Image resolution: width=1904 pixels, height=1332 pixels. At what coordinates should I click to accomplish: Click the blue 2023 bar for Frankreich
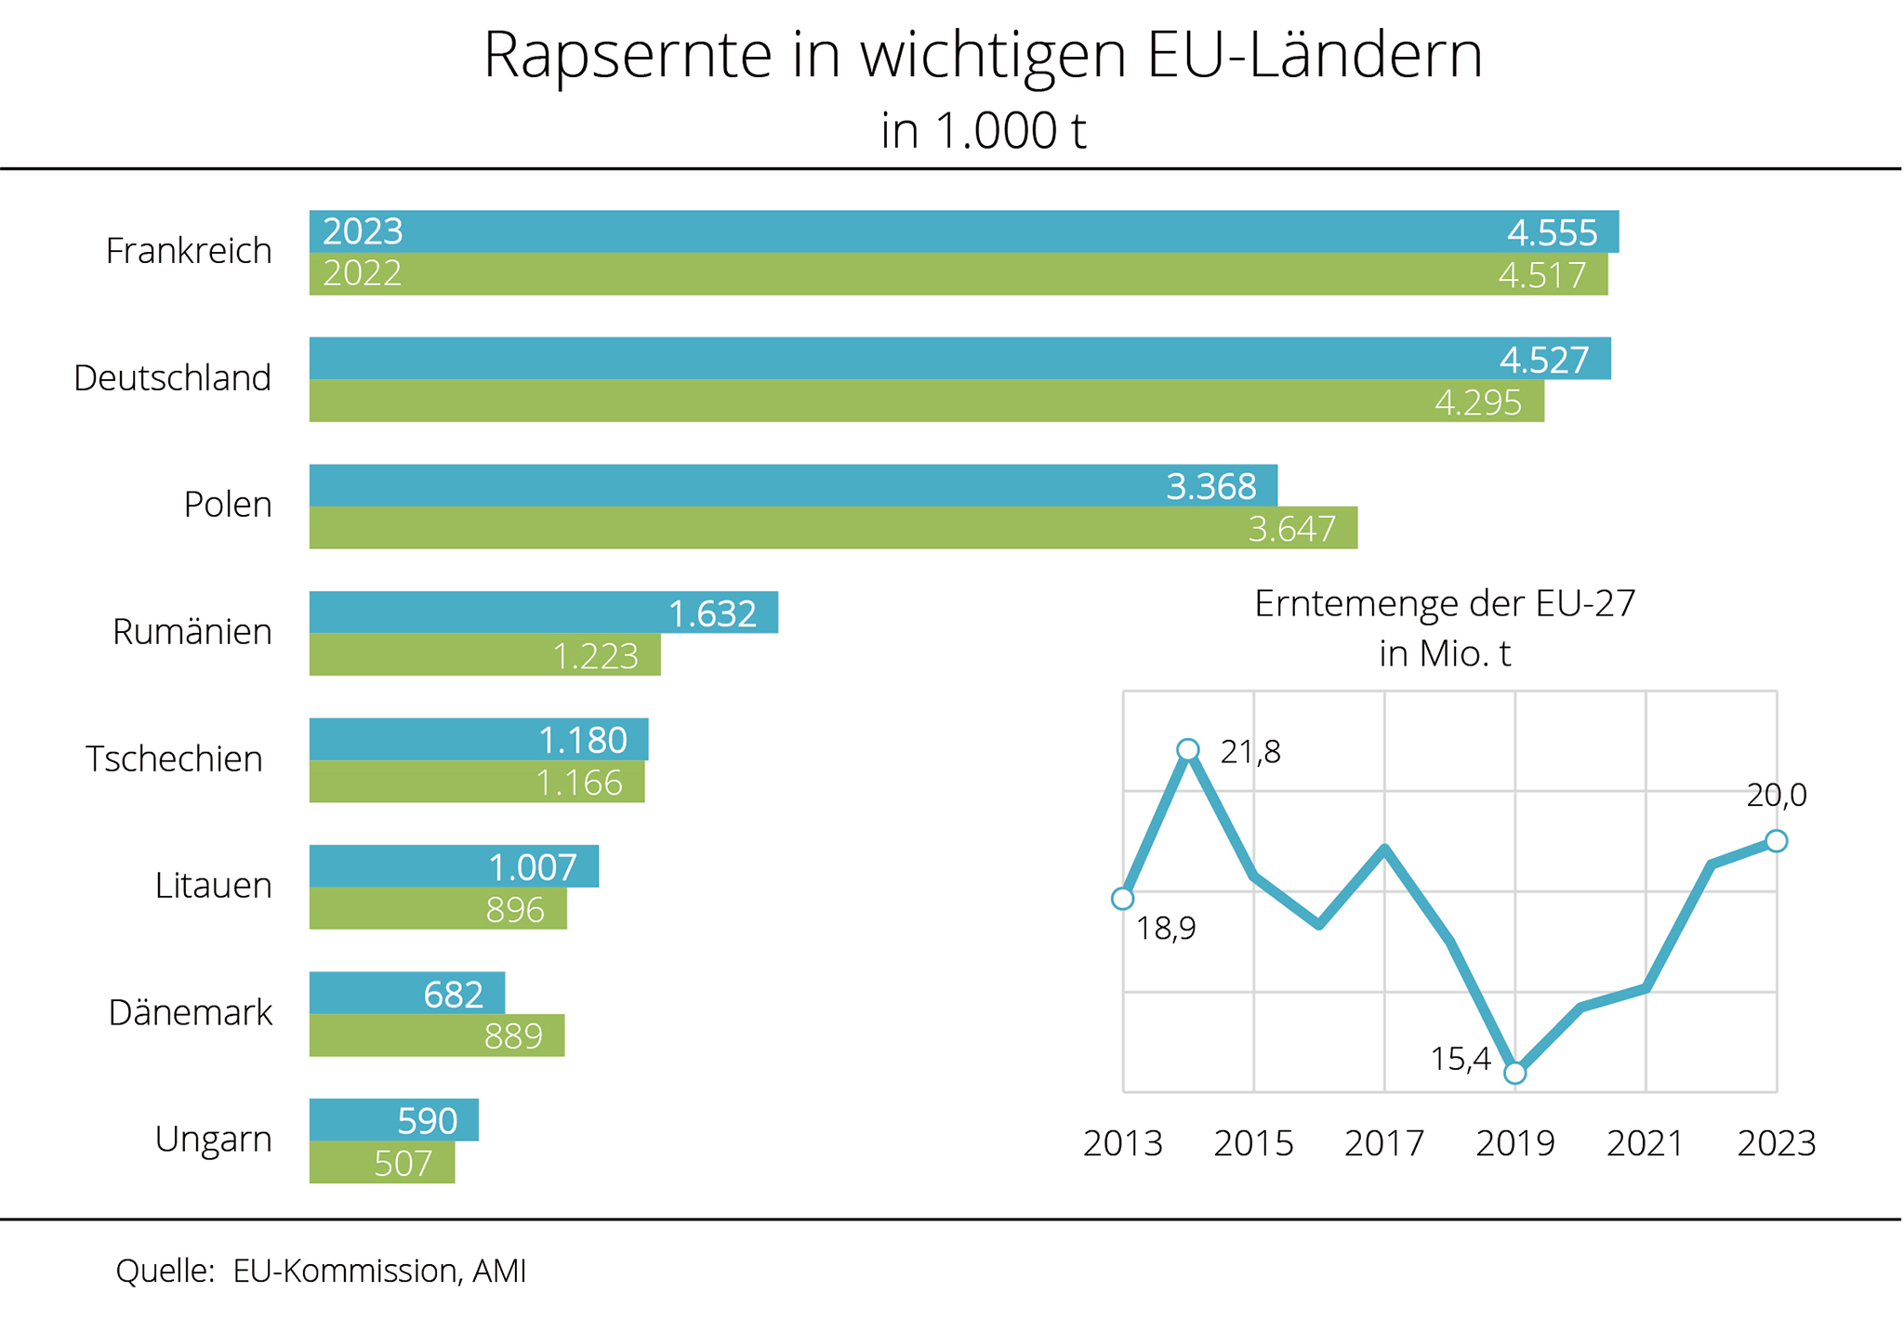[963, 231]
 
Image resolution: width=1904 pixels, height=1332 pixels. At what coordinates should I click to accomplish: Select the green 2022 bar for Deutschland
[926, 401]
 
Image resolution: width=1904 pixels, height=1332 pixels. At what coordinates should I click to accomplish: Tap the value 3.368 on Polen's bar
[1210, 486]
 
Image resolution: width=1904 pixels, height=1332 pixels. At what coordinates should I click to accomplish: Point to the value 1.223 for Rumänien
[595, 656]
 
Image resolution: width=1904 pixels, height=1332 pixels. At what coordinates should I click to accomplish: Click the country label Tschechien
[174, 758]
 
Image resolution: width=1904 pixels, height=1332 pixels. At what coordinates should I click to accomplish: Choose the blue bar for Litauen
[454, 866]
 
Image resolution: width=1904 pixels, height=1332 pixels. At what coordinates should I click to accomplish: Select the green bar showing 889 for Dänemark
[437, 1035]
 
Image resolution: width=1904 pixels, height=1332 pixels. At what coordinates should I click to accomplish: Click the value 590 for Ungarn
[427, 1121]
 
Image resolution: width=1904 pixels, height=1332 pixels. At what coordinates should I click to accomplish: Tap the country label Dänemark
[190, 1012]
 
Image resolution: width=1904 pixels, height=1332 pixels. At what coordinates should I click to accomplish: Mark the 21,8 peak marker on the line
[1187, 749]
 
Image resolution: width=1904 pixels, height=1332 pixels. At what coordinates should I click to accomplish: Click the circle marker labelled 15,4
[1514, 1073]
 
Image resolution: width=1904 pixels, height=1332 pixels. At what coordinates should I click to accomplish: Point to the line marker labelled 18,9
[1122, 898]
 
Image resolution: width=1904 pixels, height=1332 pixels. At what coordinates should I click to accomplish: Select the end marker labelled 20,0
[1776, 840]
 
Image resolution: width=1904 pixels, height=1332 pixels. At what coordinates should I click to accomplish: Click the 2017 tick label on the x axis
[1384, 1143]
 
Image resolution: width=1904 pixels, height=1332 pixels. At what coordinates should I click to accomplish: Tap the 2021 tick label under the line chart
[1646, 1143]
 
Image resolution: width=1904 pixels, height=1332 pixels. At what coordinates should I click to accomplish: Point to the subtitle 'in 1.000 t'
[983, 130]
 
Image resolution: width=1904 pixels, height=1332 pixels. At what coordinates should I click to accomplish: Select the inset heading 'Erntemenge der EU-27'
[1444, 604]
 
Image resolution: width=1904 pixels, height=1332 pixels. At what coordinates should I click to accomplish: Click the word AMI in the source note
[499, 1271]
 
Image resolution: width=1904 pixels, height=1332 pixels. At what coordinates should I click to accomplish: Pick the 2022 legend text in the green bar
[362, 273]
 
